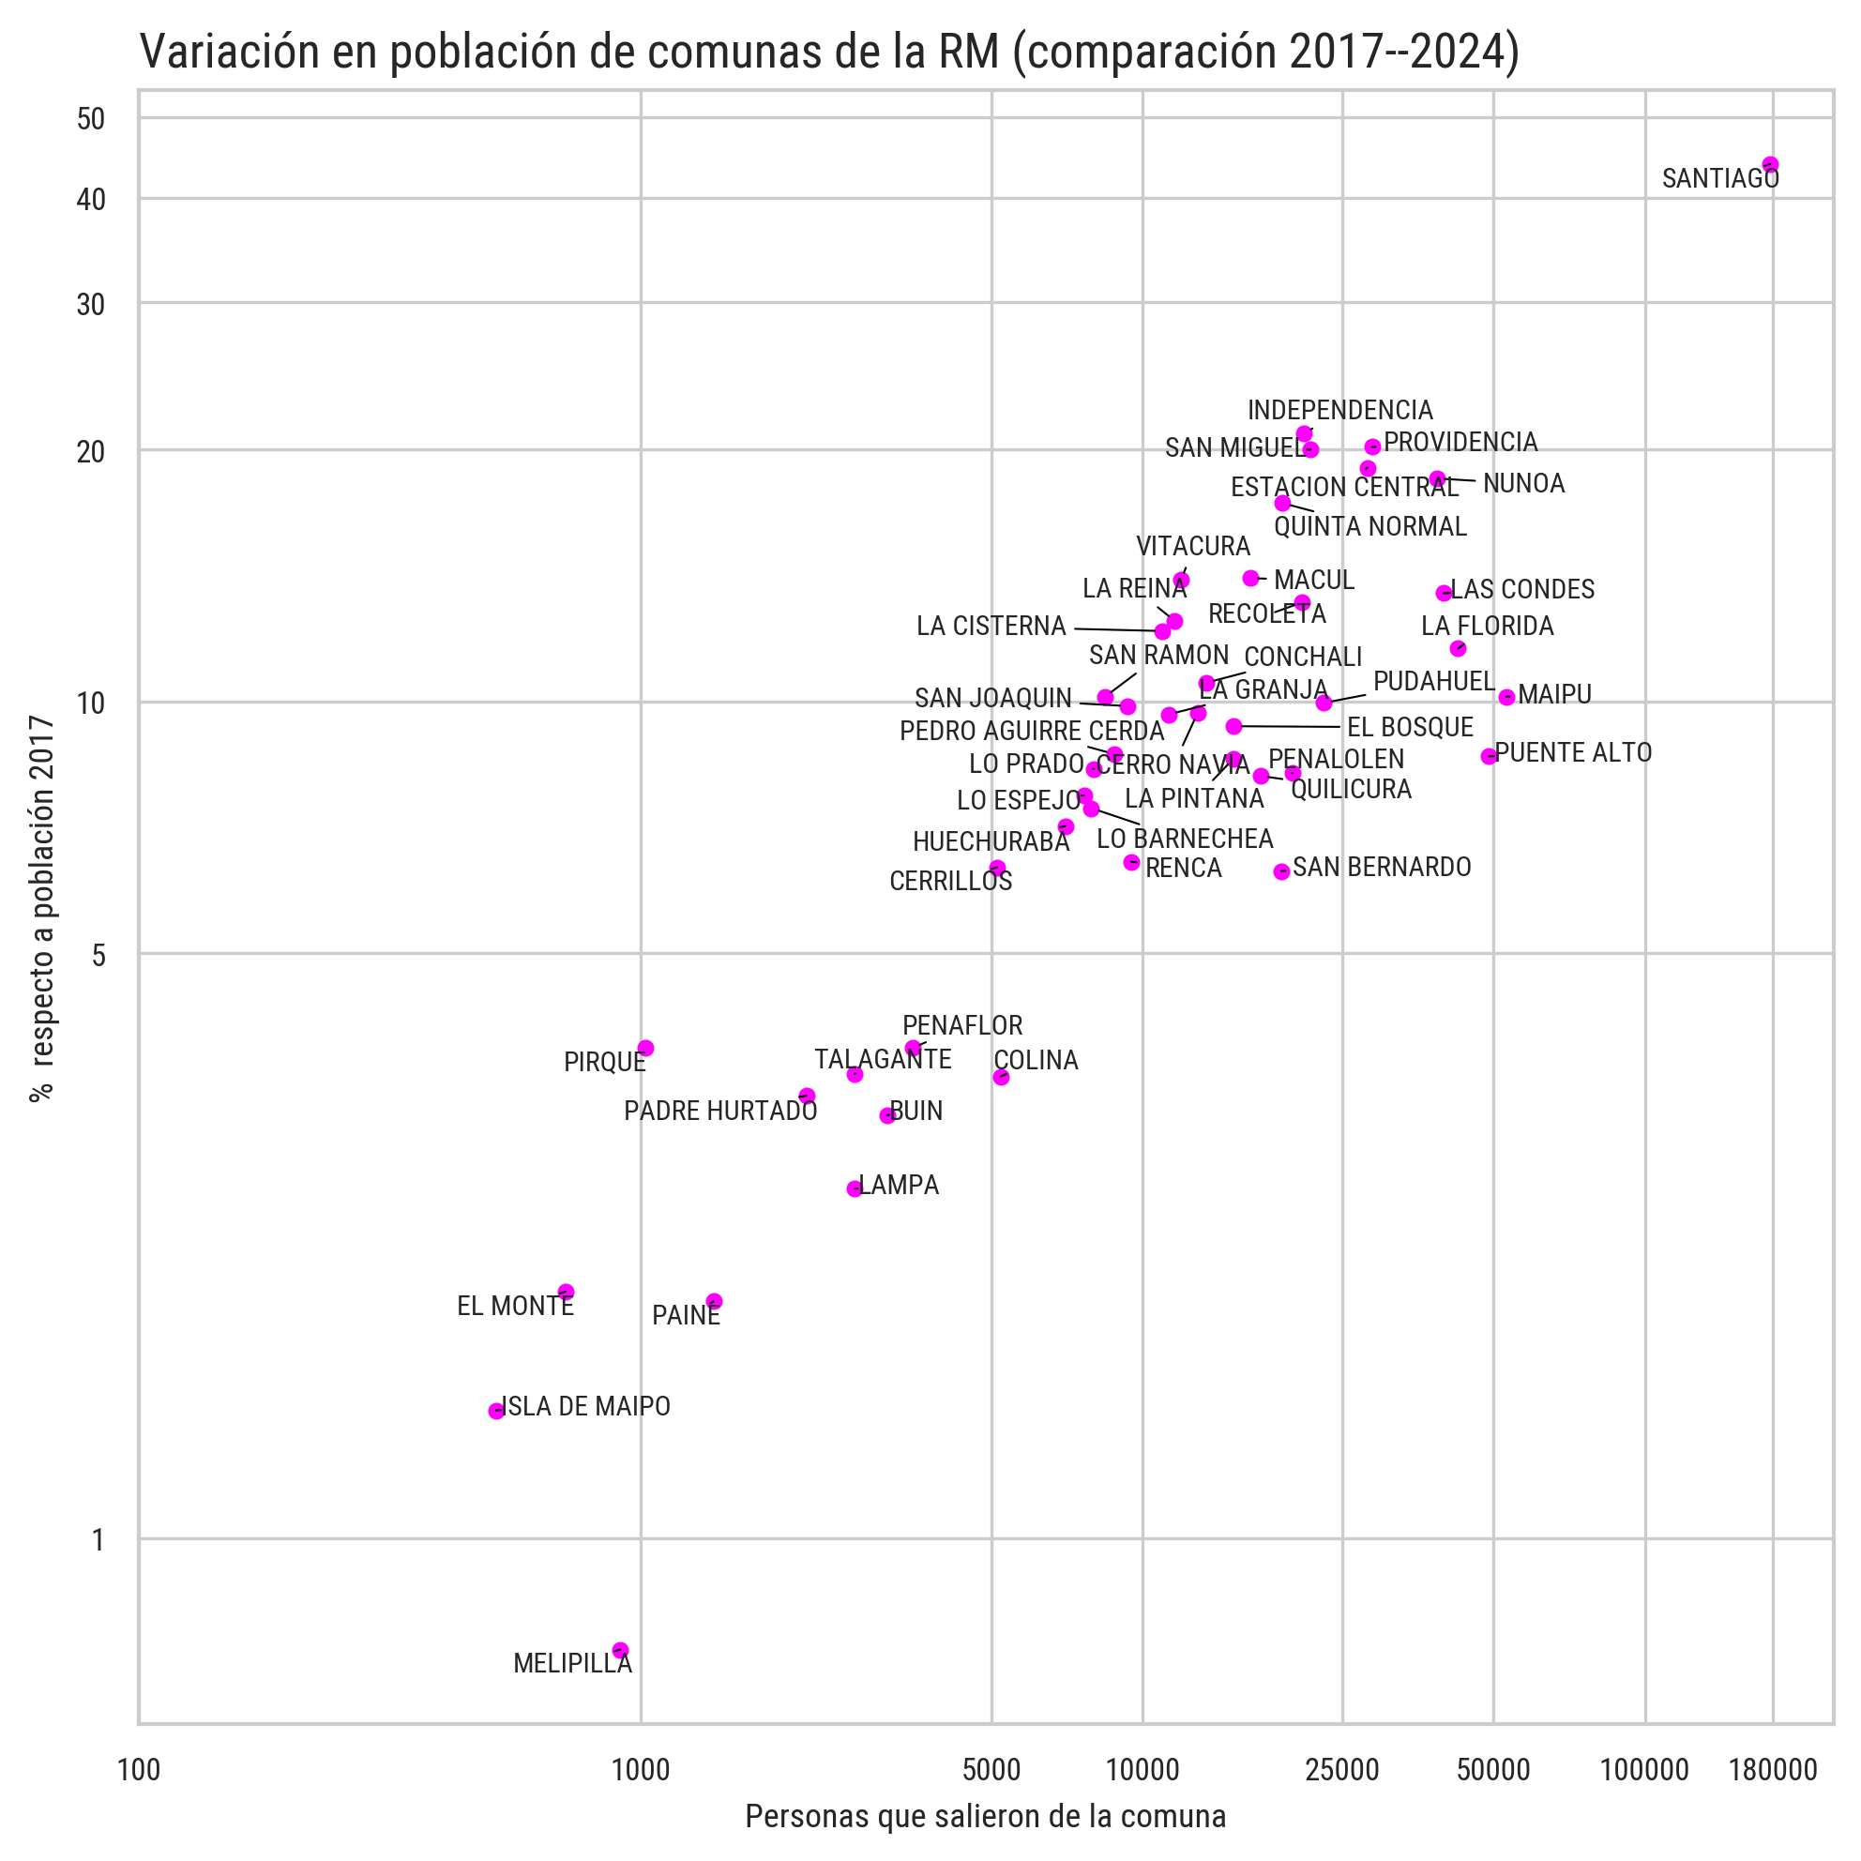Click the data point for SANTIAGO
(x=1769, y=165)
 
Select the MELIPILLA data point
(x=620, y=1650)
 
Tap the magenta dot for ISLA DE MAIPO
(x=496, y=1411)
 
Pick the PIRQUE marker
(x=645, y=1048)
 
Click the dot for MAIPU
(x=1506, y=697)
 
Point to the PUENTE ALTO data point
(x=1489, y=756)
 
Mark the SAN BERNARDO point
(x=1281, y=871)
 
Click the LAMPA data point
(x=855, y=1188)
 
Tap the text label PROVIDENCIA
(x=1460, y=442)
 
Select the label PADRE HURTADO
(x=720, y=1112)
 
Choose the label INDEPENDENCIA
(x=1339, y=410)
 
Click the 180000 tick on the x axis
(x=1773, y=1769)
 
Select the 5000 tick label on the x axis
(x=991, y=1769)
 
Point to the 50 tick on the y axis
(x=91, y=119)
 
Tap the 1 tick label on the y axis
(x=98, y=1541)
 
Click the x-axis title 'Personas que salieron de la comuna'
(x=986, y=1817)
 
